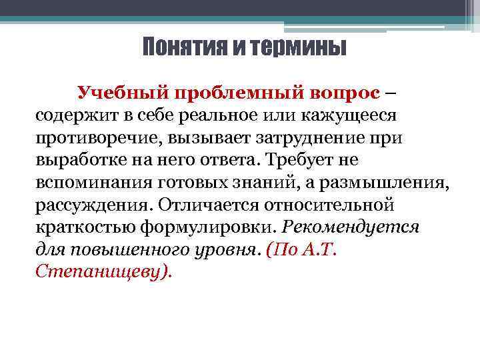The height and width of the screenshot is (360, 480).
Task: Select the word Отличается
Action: pos(215,205)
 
